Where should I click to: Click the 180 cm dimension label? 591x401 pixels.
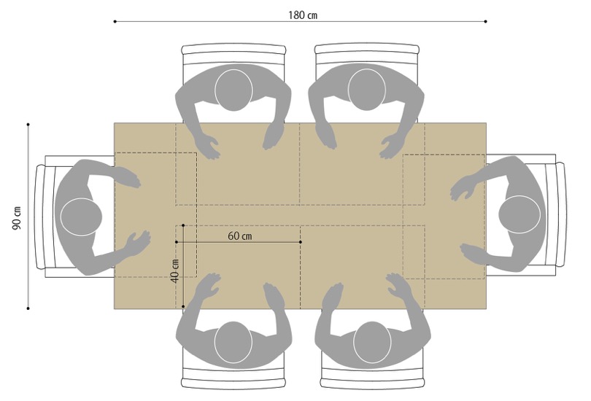point(303,15)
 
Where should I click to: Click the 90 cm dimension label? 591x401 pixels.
point(17,218)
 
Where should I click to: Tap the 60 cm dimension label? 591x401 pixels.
point(240,236)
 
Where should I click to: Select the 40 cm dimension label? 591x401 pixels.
point(174,271)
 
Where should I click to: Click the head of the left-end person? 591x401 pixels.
point(81,217)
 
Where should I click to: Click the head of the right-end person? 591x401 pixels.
point(519,214)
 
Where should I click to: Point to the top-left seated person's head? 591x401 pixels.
point(233,90)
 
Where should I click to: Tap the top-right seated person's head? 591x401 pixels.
point(367,89)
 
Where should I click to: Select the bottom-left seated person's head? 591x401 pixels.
point(233,342)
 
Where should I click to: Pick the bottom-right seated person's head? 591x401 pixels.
point(372,342)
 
